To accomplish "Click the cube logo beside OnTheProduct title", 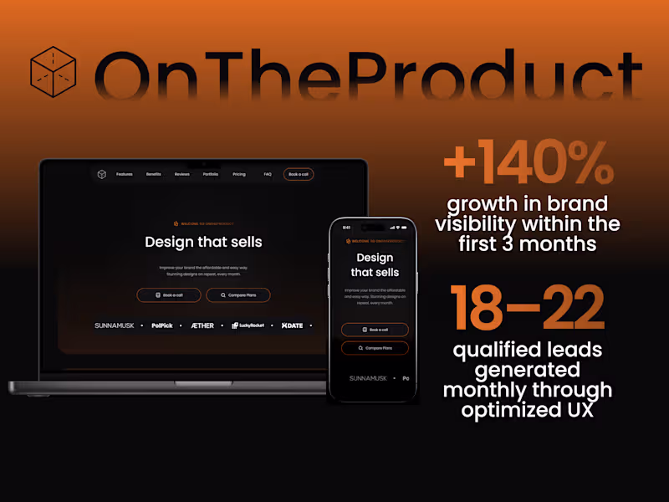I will pos(53,69).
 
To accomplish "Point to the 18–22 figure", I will pos(527,307).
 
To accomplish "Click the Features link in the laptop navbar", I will pos(125,174).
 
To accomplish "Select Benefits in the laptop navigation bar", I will pos(154,174).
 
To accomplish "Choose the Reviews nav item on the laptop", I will pos(182,174).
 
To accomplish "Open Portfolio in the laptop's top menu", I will pos(211,174).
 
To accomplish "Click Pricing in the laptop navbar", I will pos(239,174).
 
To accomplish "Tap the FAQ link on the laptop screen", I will pos(268,174).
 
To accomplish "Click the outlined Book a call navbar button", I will pos(299,174).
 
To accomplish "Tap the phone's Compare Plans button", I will pos(375,348).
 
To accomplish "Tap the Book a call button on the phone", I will pos(375,330).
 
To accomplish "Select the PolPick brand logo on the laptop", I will pos(162,325).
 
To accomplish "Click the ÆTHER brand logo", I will pos(202,325).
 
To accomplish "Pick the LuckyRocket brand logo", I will pos(248,325).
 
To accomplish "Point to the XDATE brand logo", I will pos(293,325).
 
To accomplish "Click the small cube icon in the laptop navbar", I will pos(102,174).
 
